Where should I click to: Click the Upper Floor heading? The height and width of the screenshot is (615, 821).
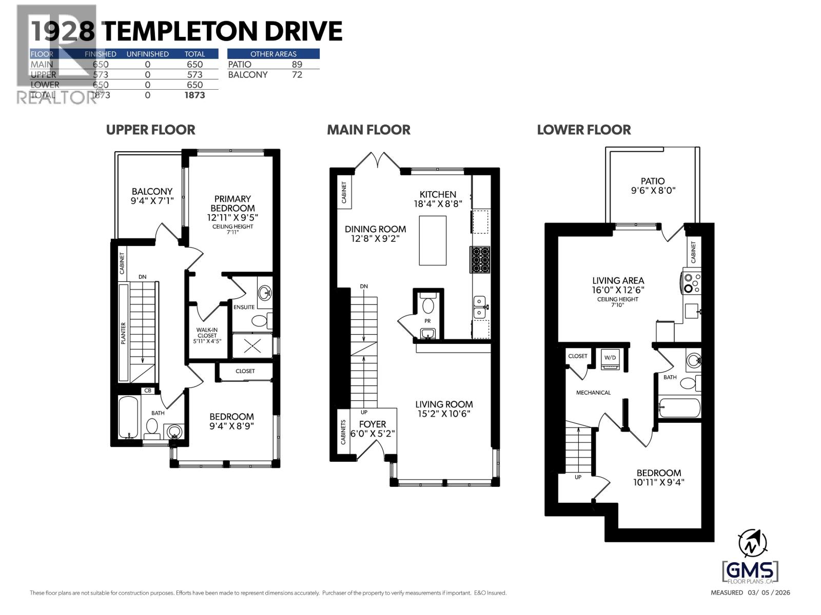pyautogui.click(x=150, y=130)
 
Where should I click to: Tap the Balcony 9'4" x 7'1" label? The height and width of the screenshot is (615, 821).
pyautogui.click(x=152, y=196)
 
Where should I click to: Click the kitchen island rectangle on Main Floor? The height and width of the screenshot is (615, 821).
pyautogui.click(x=433, y=240)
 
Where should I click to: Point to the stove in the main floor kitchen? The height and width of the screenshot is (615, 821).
pyautogui.click(x=480, y=259)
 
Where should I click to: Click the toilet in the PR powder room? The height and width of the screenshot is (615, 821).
pyautogui.click(x=427, y=306)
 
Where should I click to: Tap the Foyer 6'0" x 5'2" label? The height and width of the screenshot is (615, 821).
pyautogui.click(x=372, y=428)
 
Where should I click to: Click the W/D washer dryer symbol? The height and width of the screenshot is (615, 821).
pyautogui.click(x=610, y=360)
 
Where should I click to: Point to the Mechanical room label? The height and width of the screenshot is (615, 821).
pyautogui.click(x=593, y=393)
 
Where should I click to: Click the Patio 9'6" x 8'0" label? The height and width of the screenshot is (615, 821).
pyautogui.click(x=653, y=186)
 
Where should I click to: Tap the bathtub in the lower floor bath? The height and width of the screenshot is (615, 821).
pyautogui.click(x=679, y=408)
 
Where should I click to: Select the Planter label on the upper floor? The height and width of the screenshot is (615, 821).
pyautogui.click(x=123, y=333)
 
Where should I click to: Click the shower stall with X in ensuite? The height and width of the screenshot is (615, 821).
pyautogui.click(x=252, y=346)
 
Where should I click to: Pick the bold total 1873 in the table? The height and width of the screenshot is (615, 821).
pyautogui.click(x=194, y=95)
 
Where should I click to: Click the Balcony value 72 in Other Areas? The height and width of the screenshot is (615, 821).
pyautogui.click(x=297, y=75)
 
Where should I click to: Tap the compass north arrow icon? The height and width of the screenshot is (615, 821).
pyautogui.click(x=752, y=544)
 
